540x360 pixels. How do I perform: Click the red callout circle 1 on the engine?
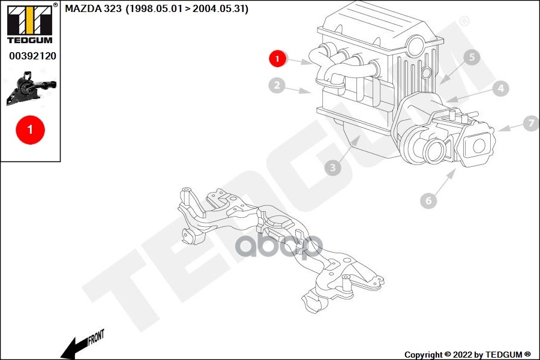tap(277, 58)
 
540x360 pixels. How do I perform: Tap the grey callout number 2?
tap(276, 86)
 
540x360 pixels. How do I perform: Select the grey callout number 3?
tap(333, 168)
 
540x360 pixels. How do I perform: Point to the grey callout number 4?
tap(500, 89)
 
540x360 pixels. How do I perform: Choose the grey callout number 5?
tap(472, 58)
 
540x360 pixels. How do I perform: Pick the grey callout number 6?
tap(428, 200)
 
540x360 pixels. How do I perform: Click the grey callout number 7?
tap(530, 124)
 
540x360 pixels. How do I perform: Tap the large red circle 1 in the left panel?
tap(30, 128)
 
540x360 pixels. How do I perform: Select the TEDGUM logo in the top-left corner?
tap(29, 24)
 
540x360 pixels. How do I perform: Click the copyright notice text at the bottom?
tap(467, 355)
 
